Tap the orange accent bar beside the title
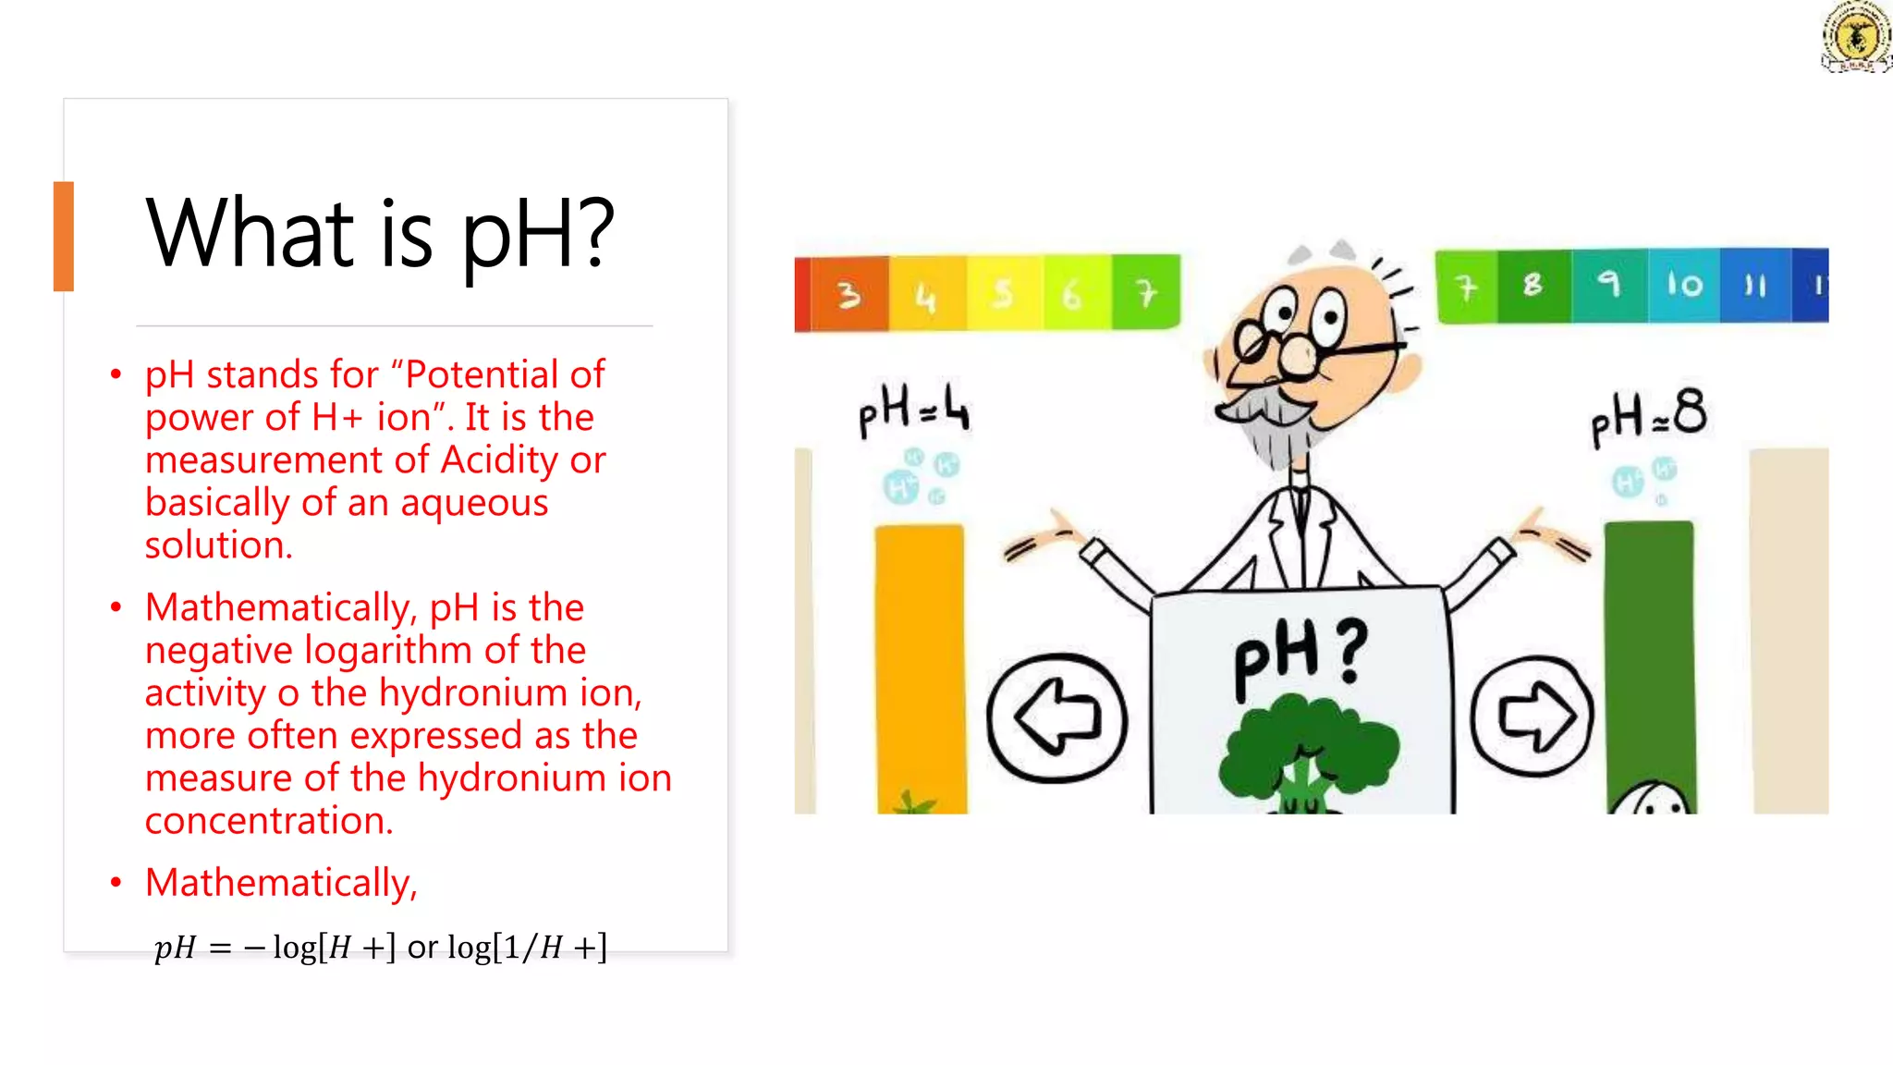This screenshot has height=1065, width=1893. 63,237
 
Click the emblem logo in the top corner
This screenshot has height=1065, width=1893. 1855,37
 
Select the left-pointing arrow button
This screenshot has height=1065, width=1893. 1056,717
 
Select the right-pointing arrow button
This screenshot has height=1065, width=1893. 1533,716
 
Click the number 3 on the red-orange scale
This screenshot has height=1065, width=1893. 848,295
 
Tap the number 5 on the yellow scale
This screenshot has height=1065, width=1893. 1002,295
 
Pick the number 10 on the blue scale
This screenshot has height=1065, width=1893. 1683,285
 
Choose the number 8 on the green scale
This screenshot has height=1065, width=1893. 1532,285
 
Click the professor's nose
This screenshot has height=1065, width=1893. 1299,357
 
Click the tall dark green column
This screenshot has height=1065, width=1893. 1649,647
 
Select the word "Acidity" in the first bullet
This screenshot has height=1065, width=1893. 499,459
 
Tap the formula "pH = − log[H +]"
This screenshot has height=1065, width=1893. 275,947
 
